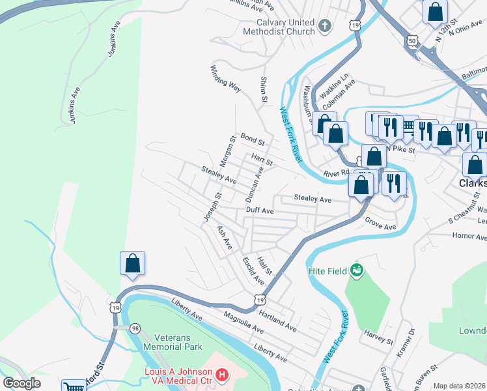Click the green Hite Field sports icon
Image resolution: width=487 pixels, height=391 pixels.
[355, 269]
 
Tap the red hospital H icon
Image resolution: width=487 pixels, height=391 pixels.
[222, 374]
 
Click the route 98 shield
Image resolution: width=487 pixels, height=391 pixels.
[135, 328]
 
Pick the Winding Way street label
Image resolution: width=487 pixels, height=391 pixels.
[225, 77]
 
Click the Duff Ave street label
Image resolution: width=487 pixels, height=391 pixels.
[259, 211]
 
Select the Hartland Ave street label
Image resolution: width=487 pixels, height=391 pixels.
[277, 319]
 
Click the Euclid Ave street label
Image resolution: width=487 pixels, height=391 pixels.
[253, 270]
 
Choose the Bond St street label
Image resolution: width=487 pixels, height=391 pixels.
[253, 139]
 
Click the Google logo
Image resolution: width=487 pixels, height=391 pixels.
[22, 383]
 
